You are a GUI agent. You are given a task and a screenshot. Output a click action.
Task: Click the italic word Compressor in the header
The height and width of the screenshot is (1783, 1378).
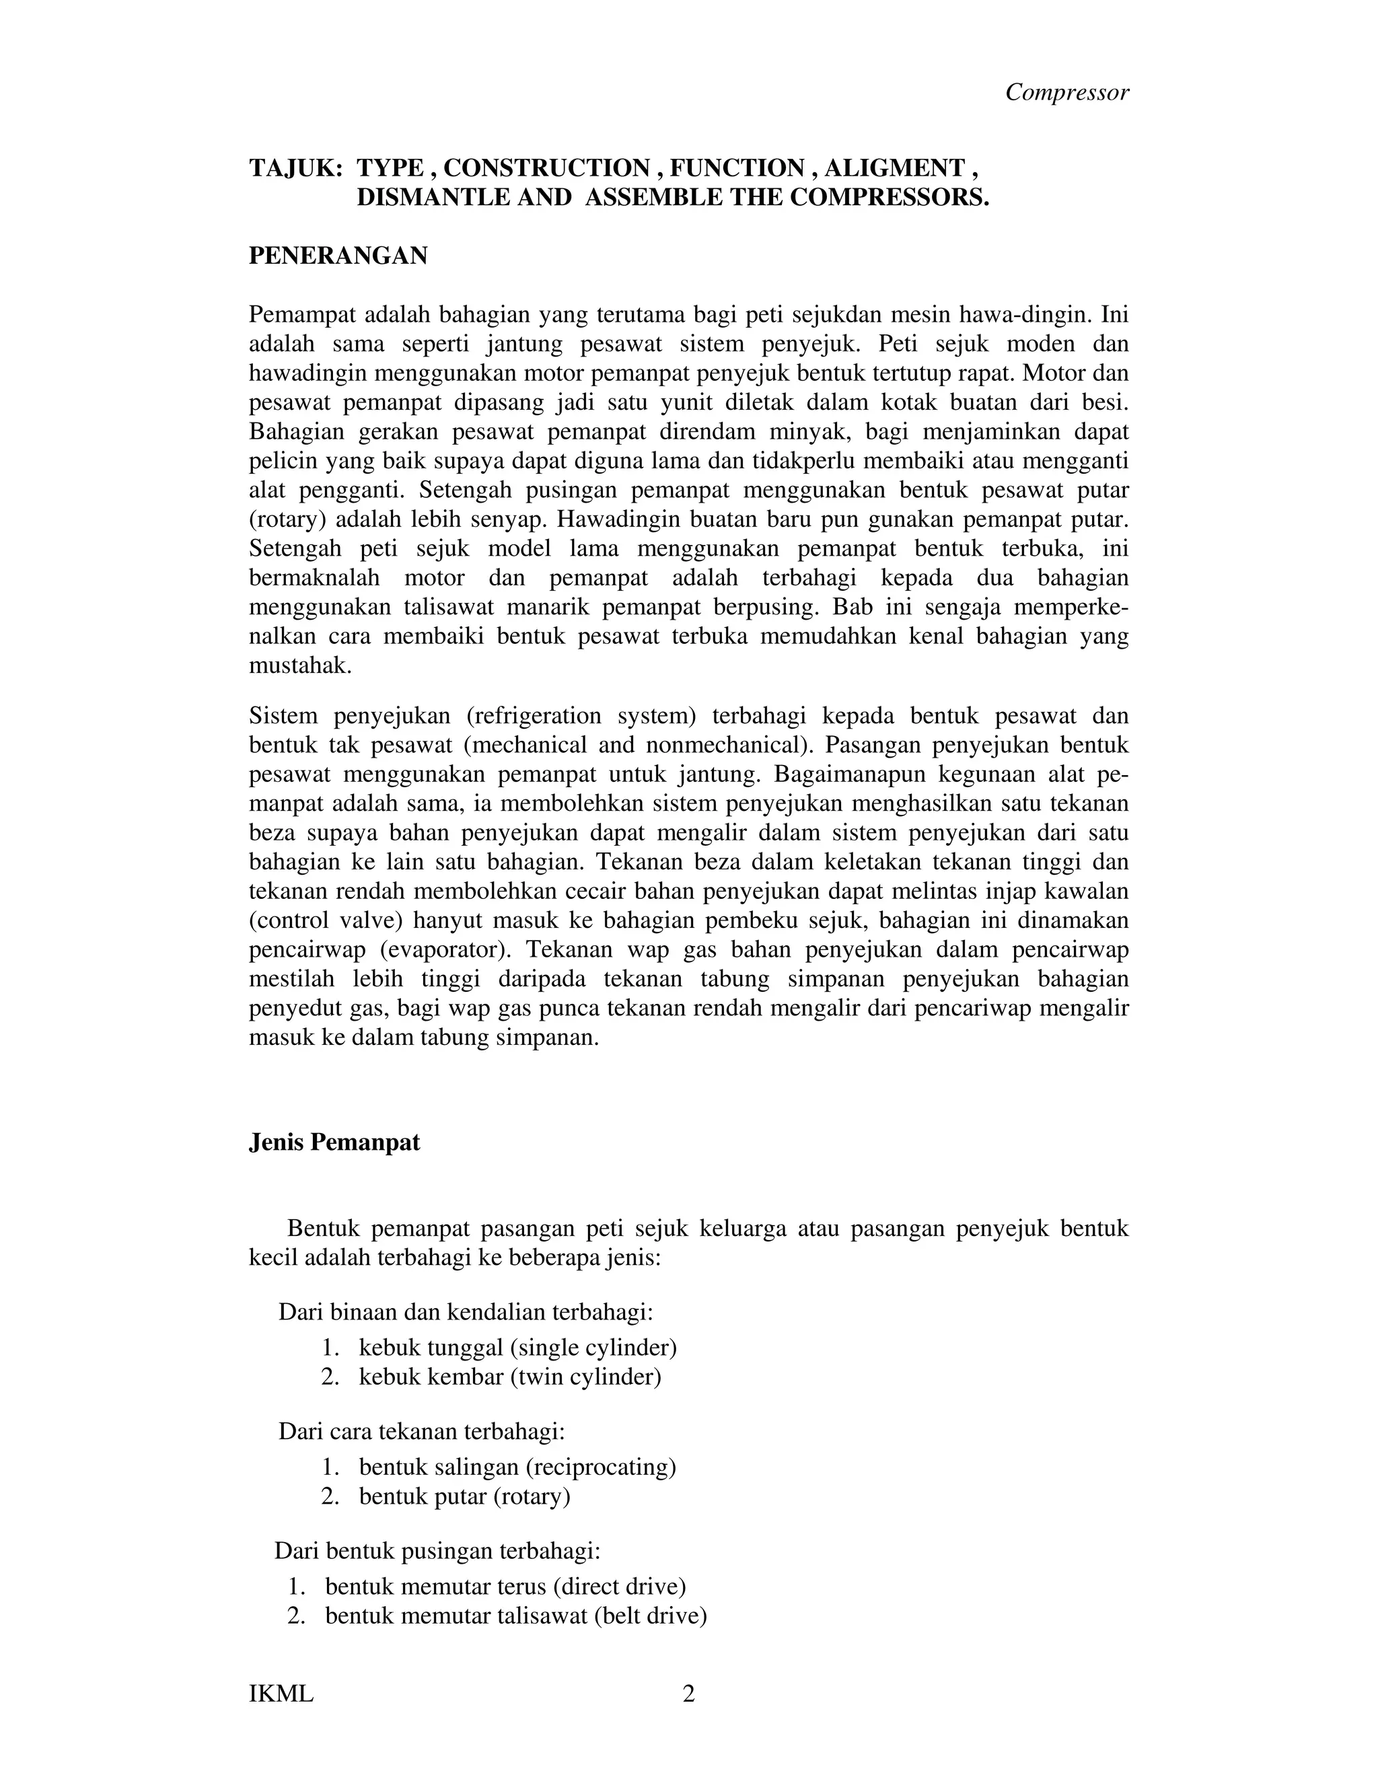point(1067,92)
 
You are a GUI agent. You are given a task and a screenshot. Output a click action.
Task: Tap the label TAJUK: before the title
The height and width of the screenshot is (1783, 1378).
point(295,168)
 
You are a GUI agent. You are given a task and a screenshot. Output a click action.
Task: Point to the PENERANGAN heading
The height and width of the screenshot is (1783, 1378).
point(338,256)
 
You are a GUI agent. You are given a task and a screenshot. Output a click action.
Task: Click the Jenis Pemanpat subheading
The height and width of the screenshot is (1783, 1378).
point(334,1142)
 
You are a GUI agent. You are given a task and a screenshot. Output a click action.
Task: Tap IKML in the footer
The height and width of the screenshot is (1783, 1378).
point(281,1694)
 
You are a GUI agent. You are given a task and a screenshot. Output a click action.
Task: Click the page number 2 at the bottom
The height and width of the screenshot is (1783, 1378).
point(688,1694)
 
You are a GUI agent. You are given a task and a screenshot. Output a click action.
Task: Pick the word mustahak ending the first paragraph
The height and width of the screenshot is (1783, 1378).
point(299,665)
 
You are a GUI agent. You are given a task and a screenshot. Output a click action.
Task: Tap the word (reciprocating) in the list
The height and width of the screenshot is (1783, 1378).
point(600,1467)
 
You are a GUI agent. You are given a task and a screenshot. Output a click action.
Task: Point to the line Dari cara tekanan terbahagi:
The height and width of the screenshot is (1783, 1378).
point(422,1431)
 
